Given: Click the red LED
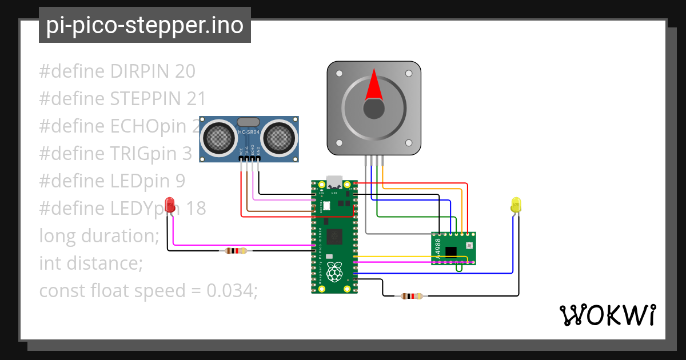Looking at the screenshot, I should tap(170, 205).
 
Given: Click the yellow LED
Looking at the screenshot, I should tap(516, 205).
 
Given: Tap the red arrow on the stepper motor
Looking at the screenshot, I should tap(373, 85).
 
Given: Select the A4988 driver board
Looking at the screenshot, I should tap(453, 249).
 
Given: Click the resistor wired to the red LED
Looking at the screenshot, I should tap(236, 250).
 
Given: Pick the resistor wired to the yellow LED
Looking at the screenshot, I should tap(412, 296).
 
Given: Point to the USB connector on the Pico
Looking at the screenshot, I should tap(334, 182).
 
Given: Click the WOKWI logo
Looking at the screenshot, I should tap(607, 315).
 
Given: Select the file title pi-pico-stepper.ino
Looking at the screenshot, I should tap(145, 26).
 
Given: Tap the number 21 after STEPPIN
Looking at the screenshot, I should tap(196, 99).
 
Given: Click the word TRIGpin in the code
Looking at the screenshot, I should tap(143, 154).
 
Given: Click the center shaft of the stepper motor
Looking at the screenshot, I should tap(373, 109).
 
